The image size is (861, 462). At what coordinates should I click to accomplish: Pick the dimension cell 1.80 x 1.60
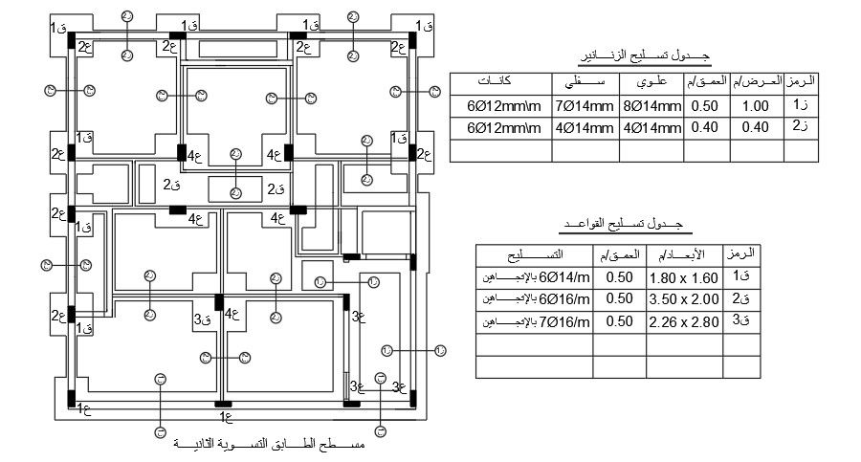(x=683, y=277)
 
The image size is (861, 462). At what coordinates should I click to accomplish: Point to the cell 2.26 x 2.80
(x=683, y=322)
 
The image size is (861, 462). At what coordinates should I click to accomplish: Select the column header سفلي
(x=585, y=82)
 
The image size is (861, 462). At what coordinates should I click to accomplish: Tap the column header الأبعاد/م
(x=683, y=254)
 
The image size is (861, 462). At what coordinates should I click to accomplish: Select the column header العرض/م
(x=756, y=82)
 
